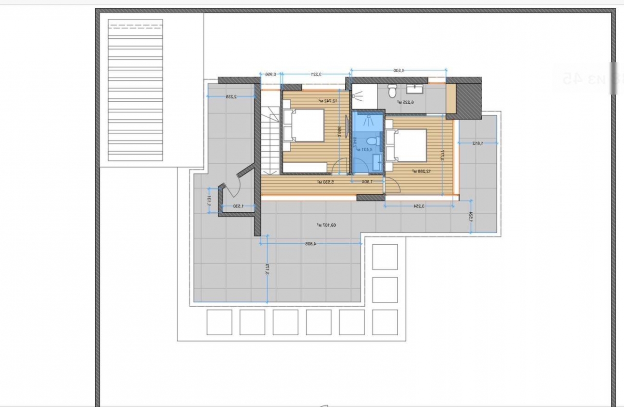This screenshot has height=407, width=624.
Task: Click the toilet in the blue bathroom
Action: pyautogui.click(x=372, y=141)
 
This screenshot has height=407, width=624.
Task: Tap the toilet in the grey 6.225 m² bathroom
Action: pyautogui.click(x=392, y=91)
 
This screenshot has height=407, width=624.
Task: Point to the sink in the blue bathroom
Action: pyautogui.click(x=377, y=160)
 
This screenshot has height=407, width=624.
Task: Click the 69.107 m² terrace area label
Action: pyautogui.click(x=327, y=225)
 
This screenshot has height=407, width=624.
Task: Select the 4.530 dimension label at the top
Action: pyautogui.click(x=398, y=71)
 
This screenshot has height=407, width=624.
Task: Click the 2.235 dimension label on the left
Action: pyautogui.click(x=231, y=97)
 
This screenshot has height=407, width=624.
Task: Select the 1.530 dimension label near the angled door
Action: pyautogui.click(x=237, y=206)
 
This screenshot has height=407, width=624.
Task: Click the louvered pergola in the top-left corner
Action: pyautogui.click(x=135, y=90)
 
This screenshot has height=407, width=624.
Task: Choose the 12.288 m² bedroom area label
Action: pyautogui.click(x=422, y=171)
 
